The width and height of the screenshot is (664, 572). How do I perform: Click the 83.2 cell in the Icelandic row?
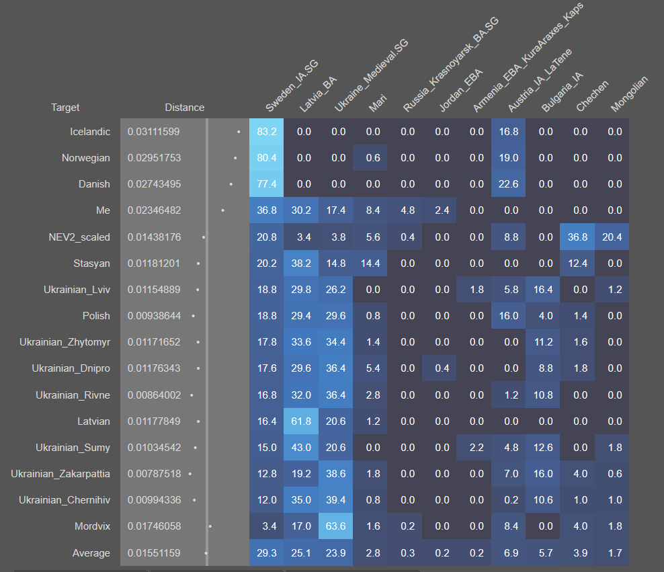pyautogui.click(x=267, y=132)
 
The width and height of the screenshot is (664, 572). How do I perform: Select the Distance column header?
pyautogui.click(x=185, y=108)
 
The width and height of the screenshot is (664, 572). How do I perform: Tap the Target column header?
pyautogui.click(x=65, y=108)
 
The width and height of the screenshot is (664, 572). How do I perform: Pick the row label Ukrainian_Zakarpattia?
pyautogui.click(x=60, y=474)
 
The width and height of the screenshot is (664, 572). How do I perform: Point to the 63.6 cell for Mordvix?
pyautogui.click(x=336, y=526)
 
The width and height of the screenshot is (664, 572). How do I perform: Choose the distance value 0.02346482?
pyautogui.click(x=154, y=210)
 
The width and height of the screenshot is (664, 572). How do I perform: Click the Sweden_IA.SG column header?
pyautogui.click(x=292, y=85)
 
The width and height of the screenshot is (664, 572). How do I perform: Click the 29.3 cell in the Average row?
pyautogui.click(x=267, y=553)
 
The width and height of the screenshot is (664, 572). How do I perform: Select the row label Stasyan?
pyautogui.click(x=91, y=263)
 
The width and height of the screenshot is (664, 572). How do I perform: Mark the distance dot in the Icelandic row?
pyautogui.click(x=239, y=132)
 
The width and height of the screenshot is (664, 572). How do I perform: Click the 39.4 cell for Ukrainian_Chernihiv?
pyautogui.click(x=336, y=500)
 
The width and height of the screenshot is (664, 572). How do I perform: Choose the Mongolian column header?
pyautogui.click(x=629, y=94)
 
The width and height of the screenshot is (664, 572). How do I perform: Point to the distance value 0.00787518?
pyautogui.click(x=154, y=474)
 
